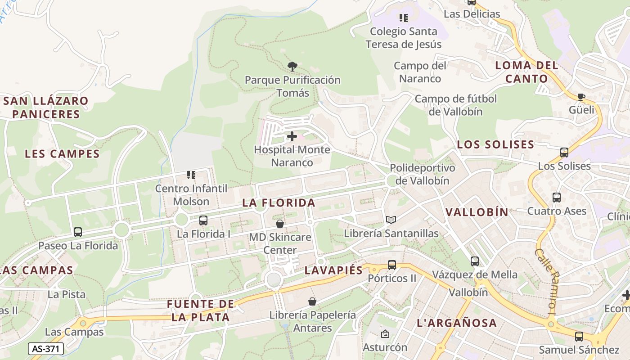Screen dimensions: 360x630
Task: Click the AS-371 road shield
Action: click(x=46, y=349)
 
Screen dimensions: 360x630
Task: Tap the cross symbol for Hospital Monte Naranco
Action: click(x=292, y=136)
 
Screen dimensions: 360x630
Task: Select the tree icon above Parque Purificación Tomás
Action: click(x=292, y=67)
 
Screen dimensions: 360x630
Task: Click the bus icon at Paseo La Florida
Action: click(x=78, y=232)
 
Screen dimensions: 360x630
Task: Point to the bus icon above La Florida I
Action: click(x=203, y=220)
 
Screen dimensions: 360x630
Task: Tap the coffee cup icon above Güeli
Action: click(x=581, y=96)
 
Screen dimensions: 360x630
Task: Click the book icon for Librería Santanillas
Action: click(x=391, y=220)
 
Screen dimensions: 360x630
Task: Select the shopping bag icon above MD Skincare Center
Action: click(x=280, y=223)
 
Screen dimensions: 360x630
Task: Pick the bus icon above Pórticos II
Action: click(x=392, y=265)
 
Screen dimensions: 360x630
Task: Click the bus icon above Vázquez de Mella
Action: click(x=475, y=261)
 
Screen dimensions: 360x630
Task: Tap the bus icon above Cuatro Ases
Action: click(x=557, y=198)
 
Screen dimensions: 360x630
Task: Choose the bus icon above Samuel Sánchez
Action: click(x=579, y=336)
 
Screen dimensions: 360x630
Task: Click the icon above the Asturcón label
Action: click(x=385, y=334)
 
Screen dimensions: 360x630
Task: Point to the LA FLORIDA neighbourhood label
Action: click(x=279, y=203)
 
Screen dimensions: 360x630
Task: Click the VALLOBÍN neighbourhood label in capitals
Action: click(x=477, y=212)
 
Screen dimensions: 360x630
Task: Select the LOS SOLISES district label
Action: click(x=495, y=144)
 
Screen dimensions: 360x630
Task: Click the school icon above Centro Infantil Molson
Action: click(x=191, y=175)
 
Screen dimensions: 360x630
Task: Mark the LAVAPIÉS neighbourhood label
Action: click(x=333, y=270)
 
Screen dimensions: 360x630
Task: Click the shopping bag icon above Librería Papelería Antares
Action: click(x=312, y=301)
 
